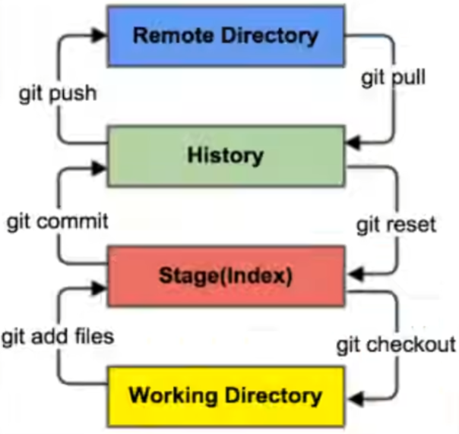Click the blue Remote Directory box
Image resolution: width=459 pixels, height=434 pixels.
click(x=225, y=36)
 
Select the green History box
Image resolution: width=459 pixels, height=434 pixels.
click(x=225, y=156)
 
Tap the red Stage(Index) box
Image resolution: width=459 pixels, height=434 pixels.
click(x=225, y=275)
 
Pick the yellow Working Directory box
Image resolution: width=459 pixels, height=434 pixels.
click(x=225, y=395)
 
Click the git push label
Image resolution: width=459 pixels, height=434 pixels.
click(x=59, y=94)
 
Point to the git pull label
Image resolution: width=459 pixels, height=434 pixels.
click(x=393, y=79)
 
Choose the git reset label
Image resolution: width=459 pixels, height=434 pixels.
click(x=396, y=225)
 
